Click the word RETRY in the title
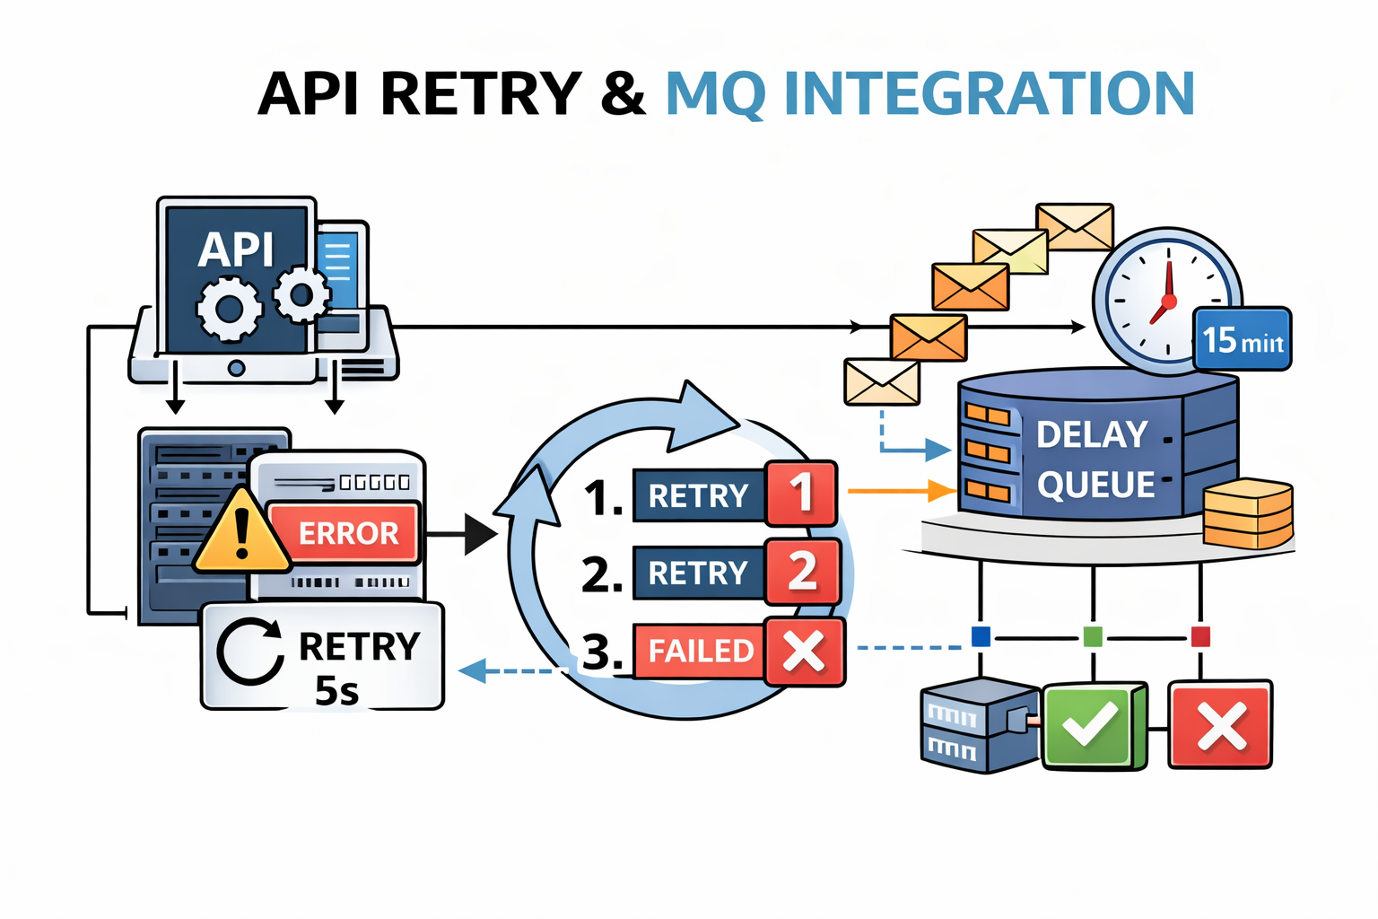[482, 93]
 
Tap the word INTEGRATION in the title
[989, 93]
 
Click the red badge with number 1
[801, 493]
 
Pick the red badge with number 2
[803, 571]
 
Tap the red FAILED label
[700, 650]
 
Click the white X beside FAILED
[804, 651]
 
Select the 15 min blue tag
[1242, 340]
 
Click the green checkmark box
[1093, 725]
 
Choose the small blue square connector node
[981, 637]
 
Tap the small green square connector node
[1093, 637]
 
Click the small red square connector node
[1200, 637]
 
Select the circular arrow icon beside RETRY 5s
[250, 652]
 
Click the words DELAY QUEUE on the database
[1095, 459]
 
